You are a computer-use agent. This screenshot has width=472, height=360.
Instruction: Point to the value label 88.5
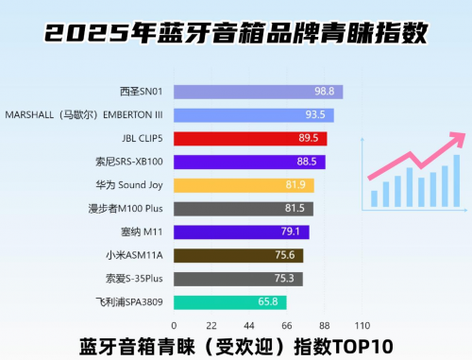[x=307, y=162]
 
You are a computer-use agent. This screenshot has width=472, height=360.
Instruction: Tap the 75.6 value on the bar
[x=285, y=255]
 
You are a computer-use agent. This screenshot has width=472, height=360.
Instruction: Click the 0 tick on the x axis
[x=174, y=324]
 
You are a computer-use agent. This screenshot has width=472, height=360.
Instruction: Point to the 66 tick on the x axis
[x=286, y=324]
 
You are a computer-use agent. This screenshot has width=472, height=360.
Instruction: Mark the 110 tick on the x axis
[x=361, y=324]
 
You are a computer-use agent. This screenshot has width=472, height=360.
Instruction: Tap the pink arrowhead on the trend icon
[x=458, y=138]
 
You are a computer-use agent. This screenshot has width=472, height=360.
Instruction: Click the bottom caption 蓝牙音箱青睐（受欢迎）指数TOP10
[x=236, y=345]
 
